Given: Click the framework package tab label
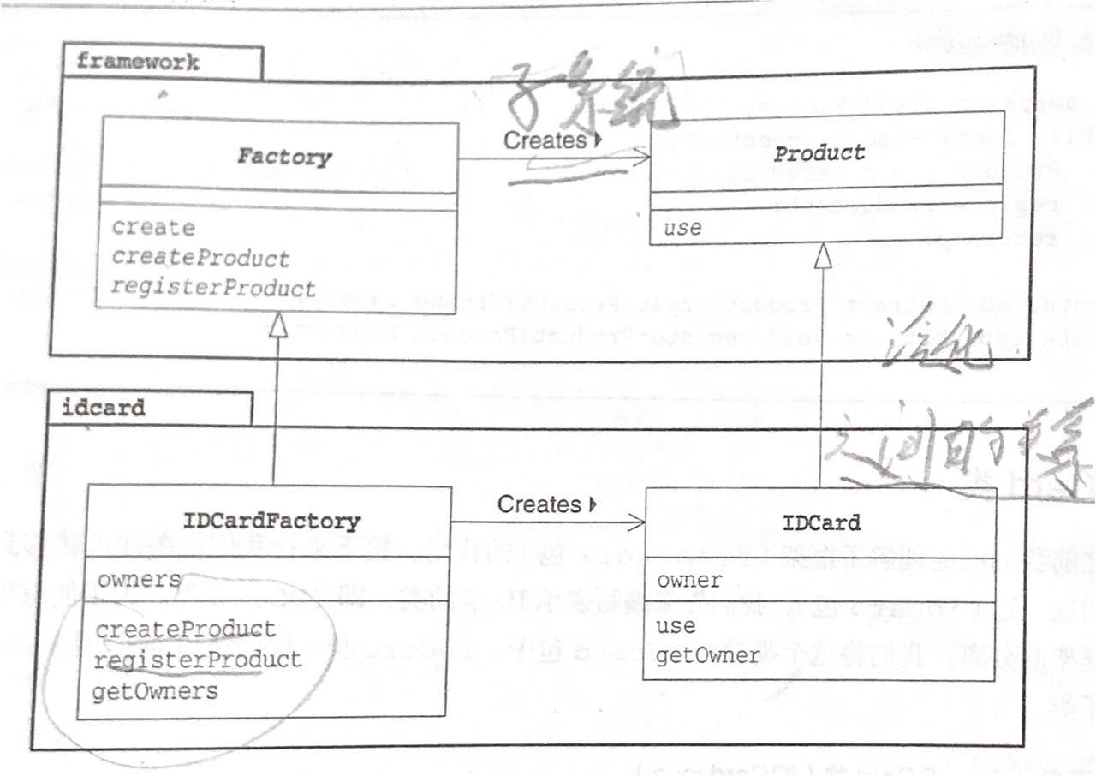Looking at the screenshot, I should tap(138, 62).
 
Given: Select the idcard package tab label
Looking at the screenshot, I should tap(104, 408).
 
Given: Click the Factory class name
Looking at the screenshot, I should tap(284, 158).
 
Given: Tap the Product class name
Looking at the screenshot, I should tap(819, 154).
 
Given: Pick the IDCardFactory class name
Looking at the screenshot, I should tap(272, 521).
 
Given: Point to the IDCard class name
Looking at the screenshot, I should tap(821, 522).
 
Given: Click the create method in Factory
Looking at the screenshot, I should tap(154, 228).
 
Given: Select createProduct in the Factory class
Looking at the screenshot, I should tap(201, 258).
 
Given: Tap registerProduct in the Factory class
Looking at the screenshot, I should tap(213, 288).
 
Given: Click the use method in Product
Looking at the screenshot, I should tap(682, 228).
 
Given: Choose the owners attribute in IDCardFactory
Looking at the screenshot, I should tap(140, 580).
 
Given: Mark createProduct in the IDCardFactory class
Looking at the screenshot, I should tap(186, 630).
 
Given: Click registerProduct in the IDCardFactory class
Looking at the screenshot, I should tap(198, 660).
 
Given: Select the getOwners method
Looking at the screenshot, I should tap(155, 690).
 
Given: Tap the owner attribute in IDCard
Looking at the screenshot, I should tap(689, 581).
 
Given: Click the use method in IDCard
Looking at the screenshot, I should tap(676, 626).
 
